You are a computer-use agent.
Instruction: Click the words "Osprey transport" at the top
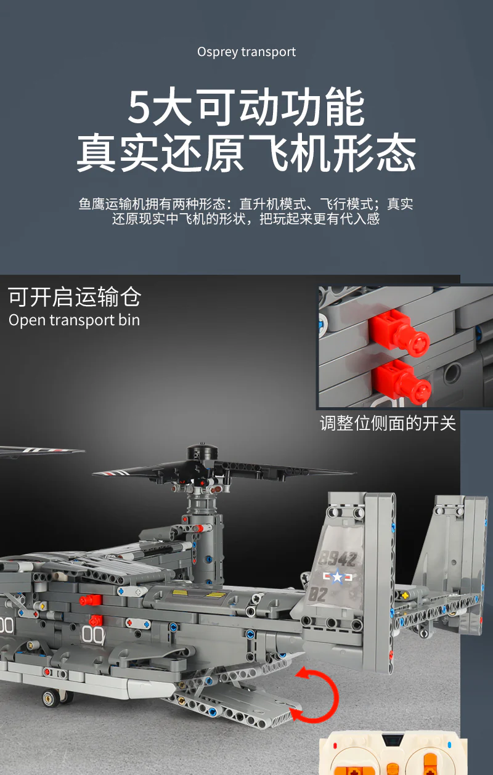tap(246, 52)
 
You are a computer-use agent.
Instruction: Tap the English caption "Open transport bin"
tap(74, 320)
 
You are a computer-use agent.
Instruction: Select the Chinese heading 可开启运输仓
tap(75, 297)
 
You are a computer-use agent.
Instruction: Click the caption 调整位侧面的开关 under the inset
tap(388, 423)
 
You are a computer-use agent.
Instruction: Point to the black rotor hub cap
tap(203, 451)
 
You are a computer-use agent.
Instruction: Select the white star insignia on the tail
tap(337, 577)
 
